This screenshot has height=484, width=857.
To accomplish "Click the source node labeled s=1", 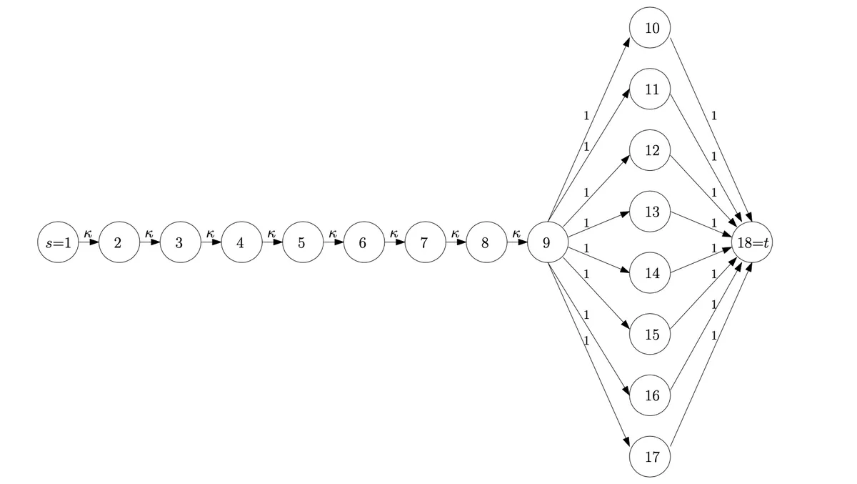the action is tap(58, 242).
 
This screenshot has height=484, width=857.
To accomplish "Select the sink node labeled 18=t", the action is tap(752, 242).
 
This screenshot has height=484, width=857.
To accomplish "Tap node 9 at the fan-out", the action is tap(548, 242).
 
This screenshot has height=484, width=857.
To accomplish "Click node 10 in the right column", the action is tap(650, 28).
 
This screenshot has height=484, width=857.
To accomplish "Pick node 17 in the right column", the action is tap(650, 456).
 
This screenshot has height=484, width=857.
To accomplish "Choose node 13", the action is tap(650, 212).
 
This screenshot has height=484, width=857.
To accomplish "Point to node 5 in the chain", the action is tap(303, 242).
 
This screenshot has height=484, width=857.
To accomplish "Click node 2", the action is tap(119, 242).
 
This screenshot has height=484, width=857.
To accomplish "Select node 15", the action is tap(650, 334).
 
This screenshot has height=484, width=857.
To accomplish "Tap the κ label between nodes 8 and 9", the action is tap(516, 233).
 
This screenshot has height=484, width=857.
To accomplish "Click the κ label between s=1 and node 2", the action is tap(88, 233).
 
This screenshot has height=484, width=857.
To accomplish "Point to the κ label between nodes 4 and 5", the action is tap(271, 233).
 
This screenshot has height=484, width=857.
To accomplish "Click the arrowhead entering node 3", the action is tap(156, 242).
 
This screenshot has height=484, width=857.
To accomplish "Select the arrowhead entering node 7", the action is tap(400, 242).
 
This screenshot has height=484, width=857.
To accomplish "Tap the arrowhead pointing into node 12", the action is tap(626, 159).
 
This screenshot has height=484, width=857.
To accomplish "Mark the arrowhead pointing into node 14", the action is tap(625, 270).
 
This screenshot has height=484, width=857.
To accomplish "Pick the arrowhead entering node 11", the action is tap(626, 94).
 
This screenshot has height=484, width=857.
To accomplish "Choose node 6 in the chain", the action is tap(364, 242).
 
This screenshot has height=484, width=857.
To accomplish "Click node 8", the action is tap(486, 242).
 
